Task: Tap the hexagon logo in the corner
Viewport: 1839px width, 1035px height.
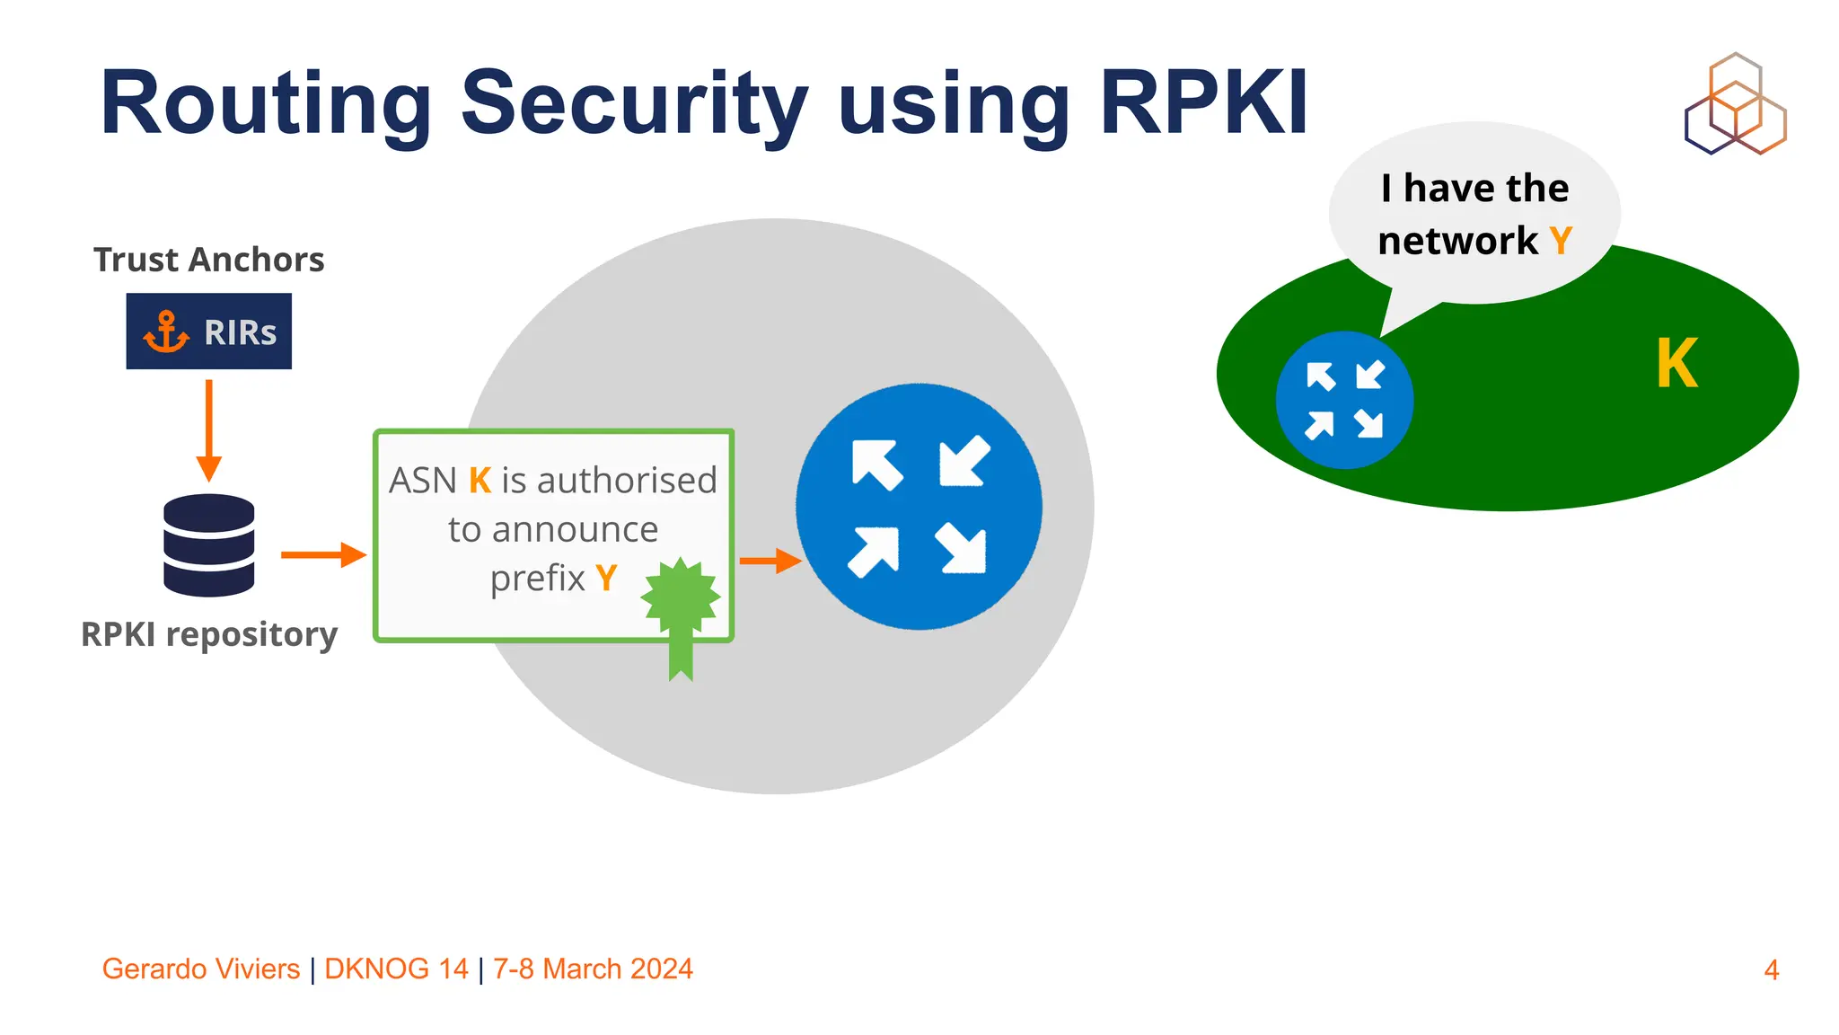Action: point(1735,105)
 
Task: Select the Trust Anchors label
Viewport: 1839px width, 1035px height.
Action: point(208,260)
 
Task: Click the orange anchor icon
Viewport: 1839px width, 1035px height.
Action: point(166,332)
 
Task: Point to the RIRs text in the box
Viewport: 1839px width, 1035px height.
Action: point(240,332)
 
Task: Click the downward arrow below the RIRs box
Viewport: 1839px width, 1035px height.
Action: point(209,430)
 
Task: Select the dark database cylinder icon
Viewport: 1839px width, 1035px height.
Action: point(209,544)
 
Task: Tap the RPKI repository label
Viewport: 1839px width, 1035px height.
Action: point(209,634)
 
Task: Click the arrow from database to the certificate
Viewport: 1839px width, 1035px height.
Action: point(323,555)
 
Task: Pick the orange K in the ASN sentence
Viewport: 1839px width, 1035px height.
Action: point(480,481)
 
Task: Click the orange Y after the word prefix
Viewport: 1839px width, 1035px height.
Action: point(606,578)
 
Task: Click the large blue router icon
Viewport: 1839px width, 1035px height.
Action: point(919,507)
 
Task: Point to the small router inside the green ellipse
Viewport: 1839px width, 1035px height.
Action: point(1344,400)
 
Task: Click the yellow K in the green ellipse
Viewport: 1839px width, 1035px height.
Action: point(1676,364)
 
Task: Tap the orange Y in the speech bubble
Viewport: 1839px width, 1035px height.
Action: point(1561,241)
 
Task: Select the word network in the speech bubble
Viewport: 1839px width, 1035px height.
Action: point(1457,241)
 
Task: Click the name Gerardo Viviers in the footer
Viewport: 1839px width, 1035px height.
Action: point(201,969)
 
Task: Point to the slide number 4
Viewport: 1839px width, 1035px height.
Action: point(1771,970)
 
